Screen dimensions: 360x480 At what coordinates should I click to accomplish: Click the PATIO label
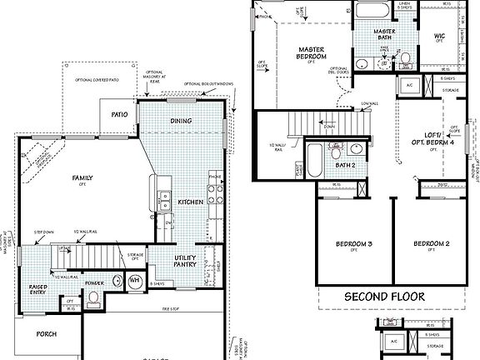[x=118, y=114]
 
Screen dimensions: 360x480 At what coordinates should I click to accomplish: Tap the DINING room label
[x=181, y=121]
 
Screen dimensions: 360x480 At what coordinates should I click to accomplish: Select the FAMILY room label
[x=82, y=178]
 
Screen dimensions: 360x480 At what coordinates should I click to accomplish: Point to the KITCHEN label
[x=190, y=202]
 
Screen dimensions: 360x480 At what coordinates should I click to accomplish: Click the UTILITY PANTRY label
[x=184, y=262]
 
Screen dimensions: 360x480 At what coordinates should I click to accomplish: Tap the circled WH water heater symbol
[x=134, y=281]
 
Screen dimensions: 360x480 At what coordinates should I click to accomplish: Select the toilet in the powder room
[x=95, y=297]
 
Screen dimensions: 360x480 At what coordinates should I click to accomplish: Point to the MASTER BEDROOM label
[x=311, y=54]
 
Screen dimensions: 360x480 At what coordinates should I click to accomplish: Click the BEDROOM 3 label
[x=353, y=244]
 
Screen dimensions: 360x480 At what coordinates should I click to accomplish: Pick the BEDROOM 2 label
[x=432, y=244]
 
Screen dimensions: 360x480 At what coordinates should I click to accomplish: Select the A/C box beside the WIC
[x=408, y=85]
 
